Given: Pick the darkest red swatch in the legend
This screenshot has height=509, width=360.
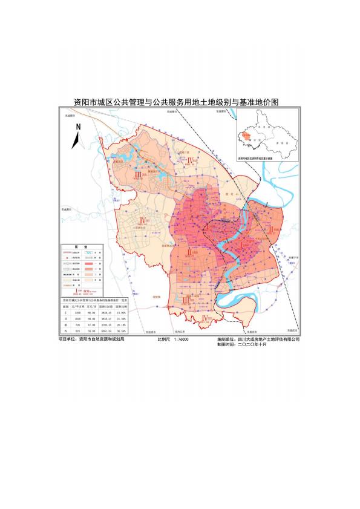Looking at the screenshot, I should (x=89, y=264).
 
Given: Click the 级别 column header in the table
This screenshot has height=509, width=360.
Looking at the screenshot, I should (x=66, y=306).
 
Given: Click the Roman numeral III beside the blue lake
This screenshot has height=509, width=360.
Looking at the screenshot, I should (x=138, y=174).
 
